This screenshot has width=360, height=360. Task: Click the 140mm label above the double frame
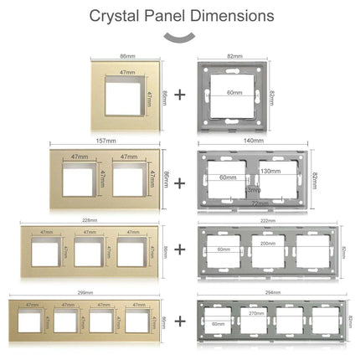[x=254, y=141]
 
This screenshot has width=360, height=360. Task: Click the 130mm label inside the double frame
[x=270, y=172]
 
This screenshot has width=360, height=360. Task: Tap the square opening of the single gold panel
[x=123, y=99]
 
